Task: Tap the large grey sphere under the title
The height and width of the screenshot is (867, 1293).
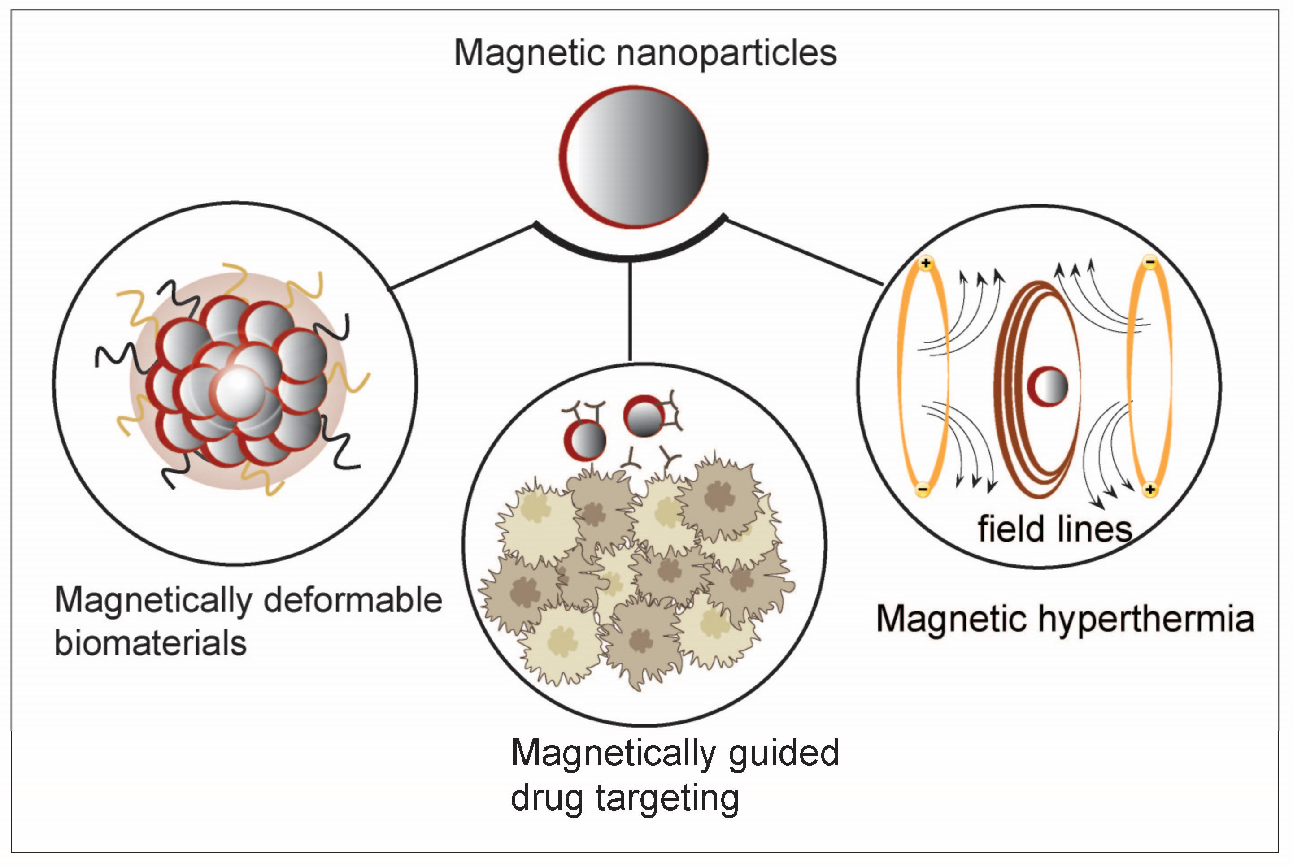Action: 634,157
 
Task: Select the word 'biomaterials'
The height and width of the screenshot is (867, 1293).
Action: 150,644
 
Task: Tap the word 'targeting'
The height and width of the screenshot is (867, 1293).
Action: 667,798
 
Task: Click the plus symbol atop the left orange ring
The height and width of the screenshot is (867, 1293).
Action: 926,263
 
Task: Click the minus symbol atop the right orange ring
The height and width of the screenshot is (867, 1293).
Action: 1150,262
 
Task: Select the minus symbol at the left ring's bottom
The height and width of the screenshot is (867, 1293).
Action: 922,489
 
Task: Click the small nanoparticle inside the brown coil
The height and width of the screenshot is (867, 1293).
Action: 1047,386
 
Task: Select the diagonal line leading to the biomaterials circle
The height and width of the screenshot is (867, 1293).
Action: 462,256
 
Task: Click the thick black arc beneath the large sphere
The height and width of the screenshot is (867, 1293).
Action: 630,256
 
